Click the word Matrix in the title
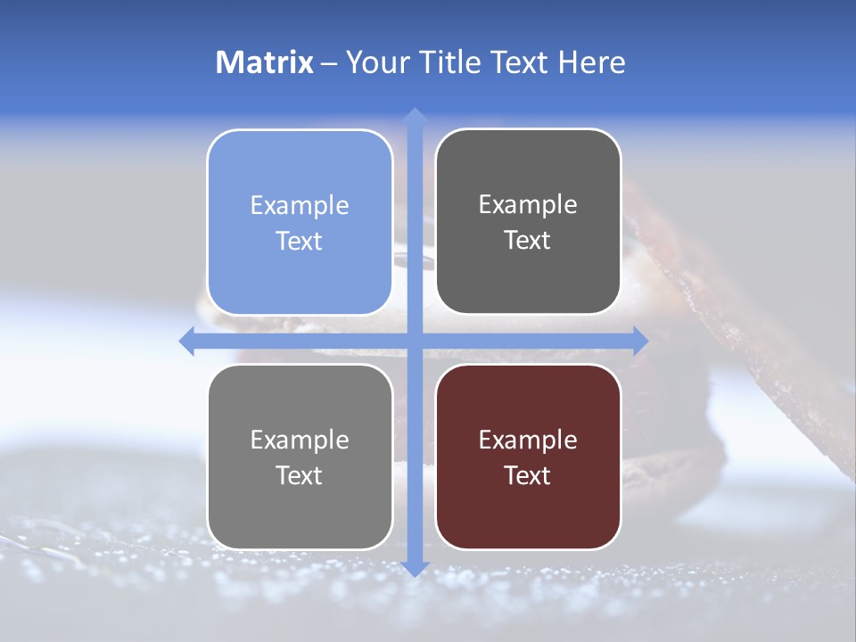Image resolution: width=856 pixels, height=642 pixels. (x=265, y=62)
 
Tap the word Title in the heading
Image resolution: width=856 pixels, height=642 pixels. (x=447, y=62)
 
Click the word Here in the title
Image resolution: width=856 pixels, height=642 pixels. (x=592, y=62)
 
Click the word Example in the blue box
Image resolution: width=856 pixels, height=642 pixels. (x=300, y=205)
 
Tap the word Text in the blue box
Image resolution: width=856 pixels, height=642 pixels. (x=300, y=241)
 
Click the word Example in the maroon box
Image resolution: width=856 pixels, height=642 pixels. (x=528, y=440)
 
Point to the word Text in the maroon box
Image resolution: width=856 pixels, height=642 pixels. (x=528, y=475)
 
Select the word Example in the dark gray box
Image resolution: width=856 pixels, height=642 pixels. (x=528, y=204)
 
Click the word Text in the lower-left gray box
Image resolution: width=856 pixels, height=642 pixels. (x=300, y=475)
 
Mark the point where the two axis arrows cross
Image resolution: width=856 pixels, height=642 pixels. (x=414, y=341)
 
